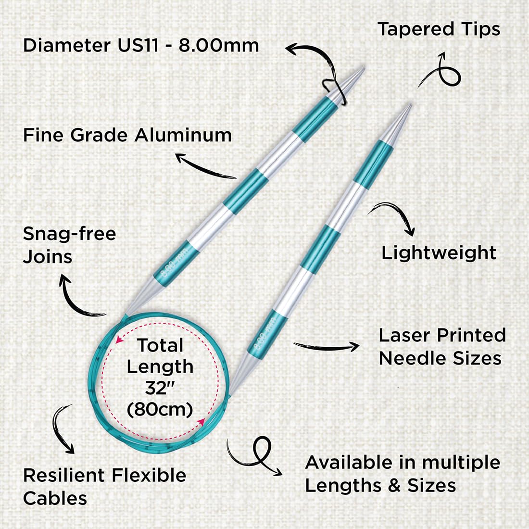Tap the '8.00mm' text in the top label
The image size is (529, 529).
[x=219, y=45]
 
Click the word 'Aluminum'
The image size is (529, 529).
[x=183, y=135]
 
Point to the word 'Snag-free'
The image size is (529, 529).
[x=70, y=233]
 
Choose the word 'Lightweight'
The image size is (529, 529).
[x=439, y=252]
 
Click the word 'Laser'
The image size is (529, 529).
[x=405, y=335]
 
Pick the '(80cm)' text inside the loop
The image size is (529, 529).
[x=160, y=409]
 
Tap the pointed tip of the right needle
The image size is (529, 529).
[x=411, y=104]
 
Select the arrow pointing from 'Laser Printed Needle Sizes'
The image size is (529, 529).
[x=326, y=346]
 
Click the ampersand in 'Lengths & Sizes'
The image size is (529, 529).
[x=394, y=486]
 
